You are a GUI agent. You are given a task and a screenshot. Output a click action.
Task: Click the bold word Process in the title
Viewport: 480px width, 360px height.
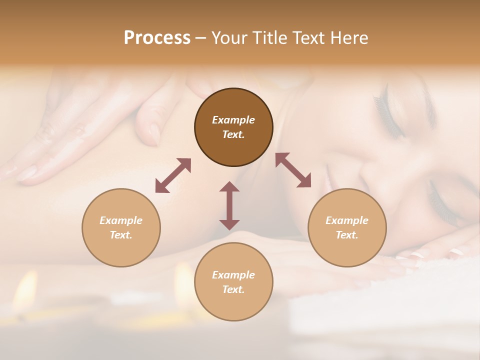[157, 38]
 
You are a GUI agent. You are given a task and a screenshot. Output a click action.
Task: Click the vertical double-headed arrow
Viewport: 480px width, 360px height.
[229, 205]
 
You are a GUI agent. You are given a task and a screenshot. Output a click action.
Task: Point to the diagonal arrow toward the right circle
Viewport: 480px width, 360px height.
[293, 170]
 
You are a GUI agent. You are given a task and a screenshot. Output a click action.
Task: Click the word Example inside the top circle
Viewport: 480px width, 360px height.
[233, 120]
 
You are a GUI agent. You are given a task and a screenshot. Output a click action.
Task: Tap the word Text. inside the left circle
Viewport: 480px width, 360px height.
[121, 235]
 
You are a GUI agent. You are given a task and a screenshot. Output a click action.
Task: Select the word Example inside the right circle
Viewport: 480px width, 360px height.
[347, 220]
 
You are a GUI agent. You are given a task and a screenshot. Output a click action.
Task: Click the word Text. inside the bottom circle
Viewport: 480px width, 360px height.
[233, 289]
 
